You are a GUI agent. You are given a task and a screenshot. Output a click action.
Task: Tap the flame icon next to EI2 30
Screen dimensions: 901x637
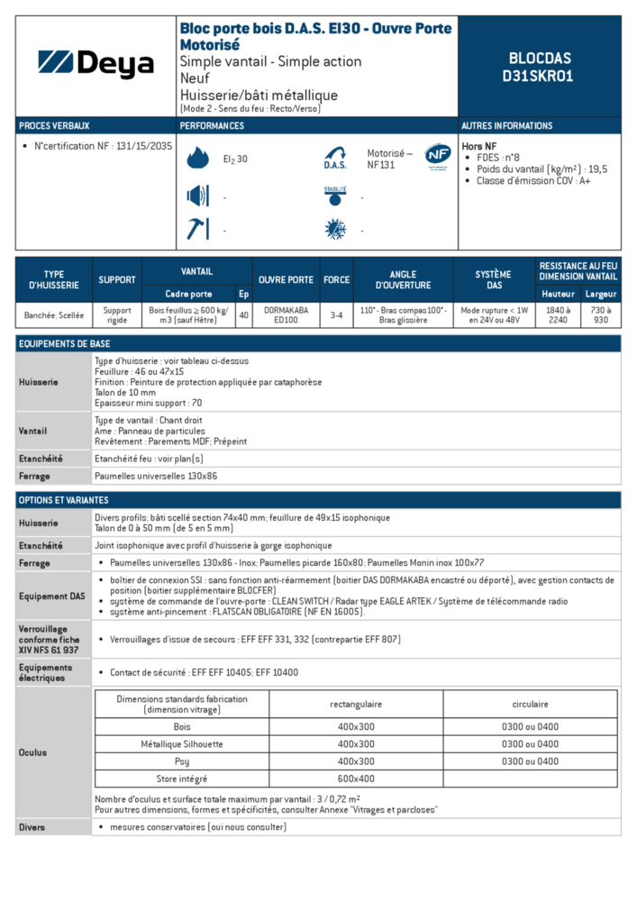point(197,159)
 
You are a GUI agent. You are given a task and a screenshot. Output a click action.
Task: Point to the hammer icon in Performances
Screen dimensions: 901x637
point(197,229)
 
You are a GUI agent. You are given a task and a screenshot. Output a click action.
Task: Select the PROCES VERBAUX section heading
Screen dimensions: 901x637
point(54,126)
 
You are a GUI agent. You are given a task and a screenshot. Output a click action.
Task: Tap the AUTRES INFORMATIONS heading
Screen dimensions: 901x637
point(507,126)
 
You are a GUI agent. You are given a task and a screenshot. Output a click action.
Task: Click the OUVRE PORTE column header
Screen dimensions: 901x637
point(286,279)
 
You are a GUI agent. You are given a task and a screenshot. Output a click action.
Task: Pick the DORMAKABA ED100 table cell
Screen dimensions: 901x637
point(286,314)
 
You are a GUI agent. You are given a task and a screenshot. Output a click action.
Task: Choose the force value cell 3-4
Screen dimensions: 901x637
point(336,314)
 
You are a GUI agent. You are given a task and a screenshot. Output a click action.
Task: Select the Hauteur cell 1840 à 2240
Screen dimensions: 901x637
point(558,314)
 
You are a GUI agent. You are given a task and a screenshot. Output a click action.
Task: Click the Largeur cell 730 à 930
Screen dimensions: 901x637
point(601,314)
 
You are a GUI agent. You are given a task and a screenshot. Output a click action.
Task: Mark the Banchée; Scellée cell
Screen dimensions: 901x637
point(54,314)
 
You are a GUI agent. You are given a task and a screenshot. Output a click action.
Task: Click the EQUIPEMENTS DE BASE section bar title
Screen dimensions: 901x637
point(65,344)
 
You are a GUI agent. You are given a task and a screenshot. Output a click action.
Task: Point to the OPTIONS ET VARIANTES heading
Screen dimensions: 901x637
point(64,500)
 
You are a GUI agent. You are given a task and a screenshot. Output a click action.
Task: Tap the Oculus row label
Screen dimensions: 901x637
point(33,752)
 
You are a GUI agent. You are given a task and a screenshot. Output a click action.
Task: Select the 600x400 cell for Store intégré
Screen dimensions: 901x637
point(356,778)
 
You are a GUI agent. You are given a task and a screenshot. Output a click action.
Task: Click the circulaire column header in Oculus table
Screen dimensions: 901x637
point(530,704)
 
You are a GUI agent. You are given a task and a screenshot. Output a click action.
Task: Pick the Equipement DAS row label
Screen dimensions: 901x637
point(52,596)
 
